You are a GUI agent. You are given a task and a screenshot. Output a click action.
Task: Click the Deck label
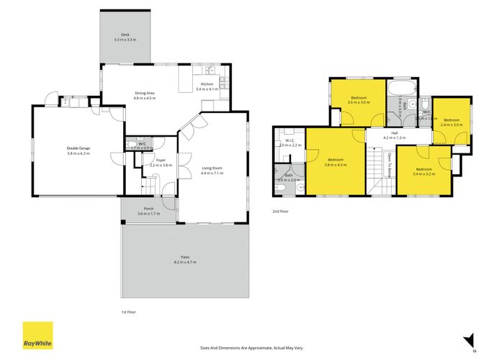click(x=125, y=34)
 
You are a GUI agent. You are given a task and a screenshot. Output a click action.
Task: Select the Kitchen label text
click(x=207, y=84)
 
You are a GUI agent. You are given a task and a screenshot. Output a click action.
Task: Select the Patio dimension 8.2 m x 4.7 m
click(x=185, y=262)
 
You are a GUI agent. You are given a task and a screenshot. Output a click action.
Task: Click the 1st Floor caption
click(x=128, y=312)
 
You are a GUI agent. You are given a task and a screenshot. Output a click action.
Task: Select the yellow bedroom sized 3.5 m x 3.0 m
click(x=359, y=100)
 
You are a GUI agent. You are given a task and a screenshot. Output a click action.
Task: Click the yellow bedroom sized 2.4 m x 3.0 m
click(x=451, y=122)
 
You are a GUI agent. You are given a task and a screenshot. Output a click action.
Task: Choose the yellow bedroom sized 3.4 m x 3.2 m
click(x=423, y=171)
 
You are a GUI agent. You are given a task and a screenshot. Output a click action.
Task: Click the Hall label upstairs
click(x=395, y=133)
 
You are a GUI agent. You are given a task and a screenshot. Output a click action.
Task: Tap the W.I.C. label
click(x=289, y=141)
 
